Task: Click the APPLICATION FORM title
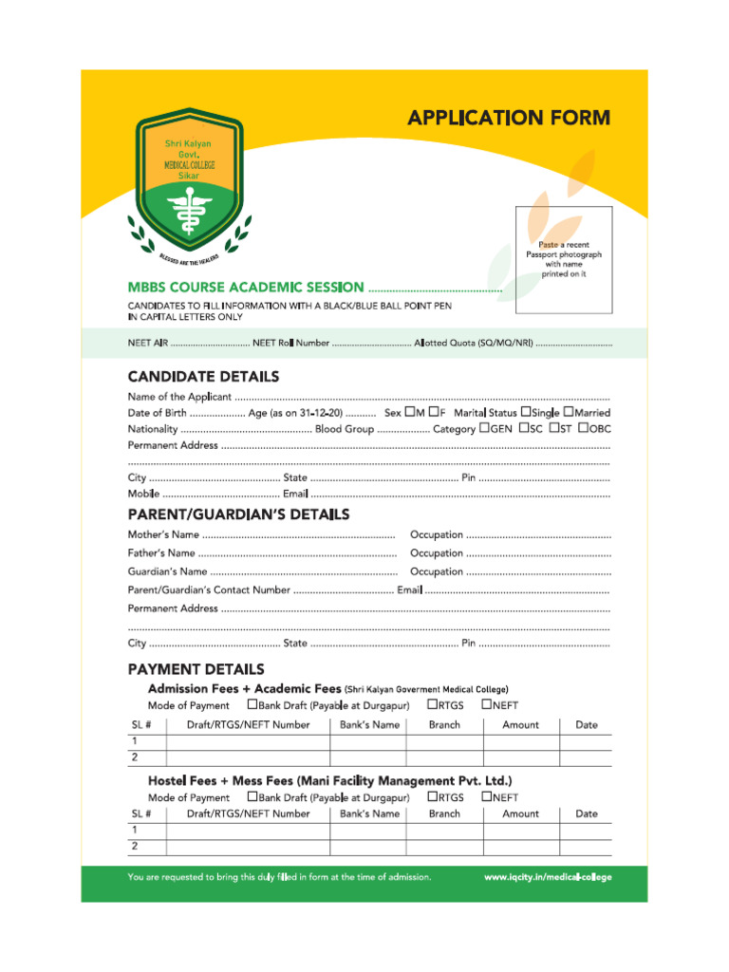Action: pos(509,119)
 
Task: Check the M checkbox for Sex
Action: pos(410,413)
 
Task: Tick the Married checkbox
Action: pos(569,413)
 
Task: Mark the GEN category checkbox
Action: pos(485,429)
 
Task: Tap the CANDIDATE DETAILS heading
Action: pos(203,377)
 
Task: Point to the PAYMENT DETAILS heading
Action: pos(196,669)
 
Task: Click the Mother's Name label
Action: pos(163,535)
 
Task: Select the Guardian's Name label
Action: pos(167,572)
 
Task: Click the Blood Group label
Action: pos(344,430)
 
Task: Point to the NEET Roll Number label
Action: pos(290,342)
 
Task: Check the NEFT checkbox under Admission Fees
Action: pos(486,704)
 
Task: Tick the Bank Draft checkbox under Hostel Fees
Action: pos(252,797)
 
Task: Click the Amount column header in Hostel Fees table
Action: pos(520,814)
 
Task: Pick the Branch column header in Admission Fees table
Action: pos(444,725)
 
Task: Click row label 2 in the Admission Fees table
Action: pos(135,757)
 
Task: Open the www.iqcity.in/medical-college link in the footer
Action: pos(548,877)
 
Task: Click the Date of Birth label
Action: pos(158,414)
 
